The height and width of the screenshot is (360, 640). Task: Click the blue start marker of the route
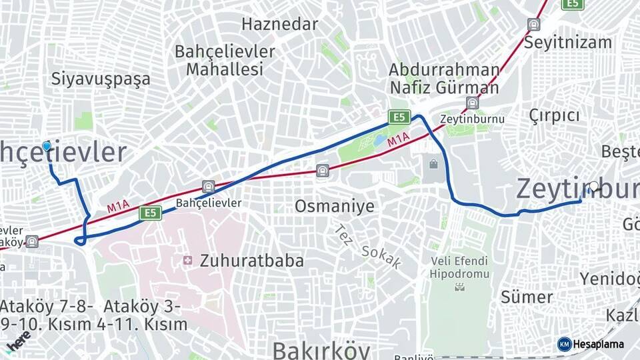47,146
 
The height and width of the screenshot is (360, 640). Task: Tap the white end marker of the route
594,187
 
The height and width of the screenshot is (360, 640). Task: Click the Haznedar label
280,25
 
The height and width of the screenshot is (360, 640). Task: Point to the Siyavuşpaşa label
101,79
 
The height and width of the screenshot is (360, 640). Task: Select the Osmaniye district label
335,206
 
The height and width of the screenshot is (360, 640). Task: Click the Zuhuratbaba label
251,261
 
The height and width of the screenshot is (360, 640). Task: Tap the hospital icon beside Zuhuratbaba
187,260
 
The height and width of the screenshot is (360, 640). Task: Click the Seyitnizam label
567,43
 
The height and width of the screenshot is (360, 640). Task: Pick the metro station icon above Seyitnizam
533,25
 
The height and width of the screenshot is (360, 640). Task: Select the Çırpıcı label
554,115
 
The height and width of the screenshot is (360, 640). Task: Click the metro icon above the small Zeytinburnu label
473,103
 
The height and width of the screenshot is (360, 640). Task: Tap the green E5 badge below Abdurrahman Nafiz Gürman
399,117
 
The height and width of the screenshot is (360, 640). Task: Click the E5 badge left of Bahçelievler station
150,213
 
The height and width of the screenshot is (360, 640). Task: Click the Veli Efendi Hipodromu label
459,267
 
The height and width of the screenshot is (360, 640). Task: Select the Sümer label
527,297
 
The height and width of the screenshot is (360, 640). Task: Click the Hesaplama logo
591,344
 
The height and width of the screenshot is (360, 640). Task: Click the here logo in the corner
17,344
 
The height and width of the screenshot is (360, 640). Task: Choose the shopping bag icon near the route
434,163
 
